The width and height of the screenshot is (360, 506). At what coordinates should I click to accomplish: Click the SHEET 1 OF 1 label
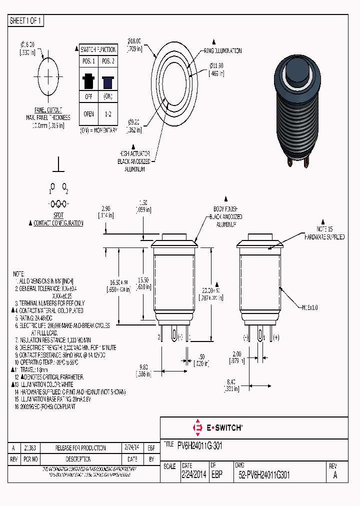pos(26,20)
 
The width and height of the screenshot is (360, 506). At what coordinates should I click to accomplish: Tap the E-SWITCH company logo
pos(218,427)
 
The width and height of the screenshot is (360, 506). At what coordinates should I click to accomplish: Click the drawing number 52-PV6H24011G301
pos(264,475)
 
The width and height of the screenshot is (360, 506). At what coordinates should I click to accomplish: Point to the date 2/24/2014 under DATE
pos(193,475)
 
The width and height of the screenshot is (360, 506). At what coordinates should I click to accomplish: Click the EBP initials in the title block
pos(216,475)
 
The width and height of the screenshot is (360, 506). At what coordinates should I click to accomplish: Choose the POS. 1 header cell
pos(88,61)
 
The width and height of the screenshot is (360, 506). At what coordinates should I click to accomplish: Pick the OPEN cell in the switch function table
pos(88,113)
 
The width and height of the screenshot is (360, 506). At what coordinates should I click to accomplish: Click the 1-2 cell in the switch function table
pos(107,113)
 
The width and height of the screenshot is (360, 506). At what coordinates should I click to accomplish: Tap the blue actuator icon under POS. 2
pos(107,81)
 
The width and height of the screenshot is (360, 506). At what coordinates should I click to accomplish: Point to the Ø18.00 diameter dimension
pos(135,45)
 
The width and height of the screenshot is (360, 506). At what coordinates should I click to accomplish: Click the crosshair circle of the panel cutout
pos(48,76)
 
